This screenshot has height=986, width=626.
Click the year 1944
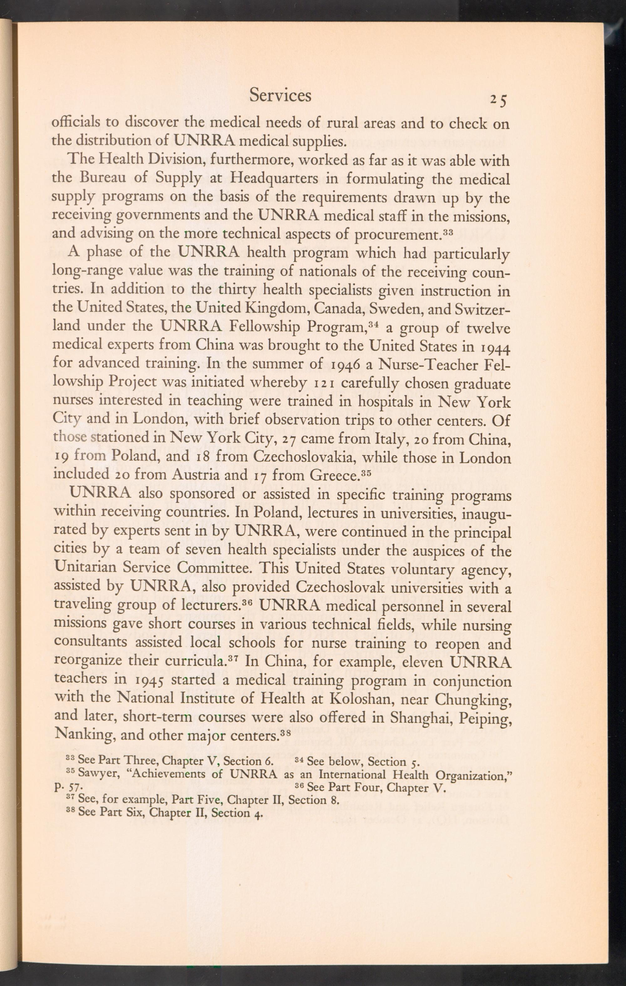(494, 347)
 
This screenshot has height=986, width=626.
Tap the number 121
(324, 384)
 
